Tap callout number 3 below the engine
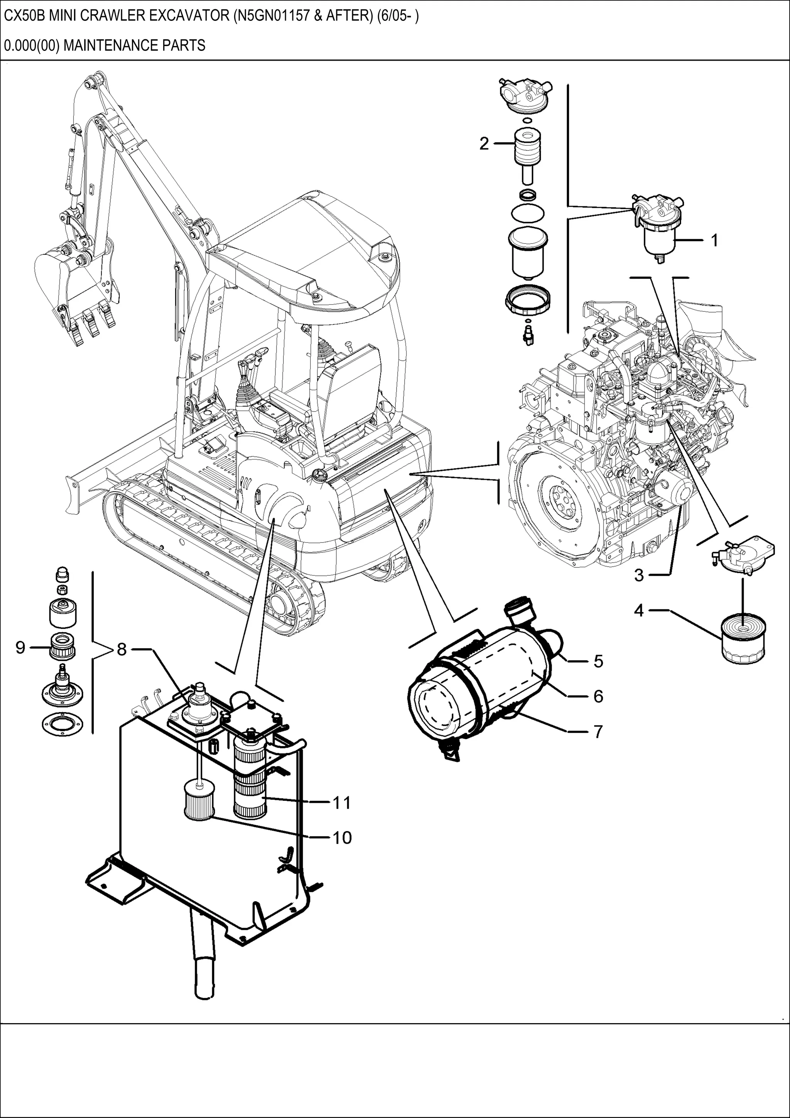(639, 575)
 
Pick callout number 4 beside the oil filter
(639, 610)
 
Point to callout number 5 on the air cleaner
(598, 661)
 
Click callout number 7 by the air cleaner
(598, 731)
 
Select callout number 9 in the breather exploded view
(20, 648)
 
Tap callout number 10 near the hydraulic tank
(342, 837)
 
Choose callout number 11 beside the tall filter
(342, 802)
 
